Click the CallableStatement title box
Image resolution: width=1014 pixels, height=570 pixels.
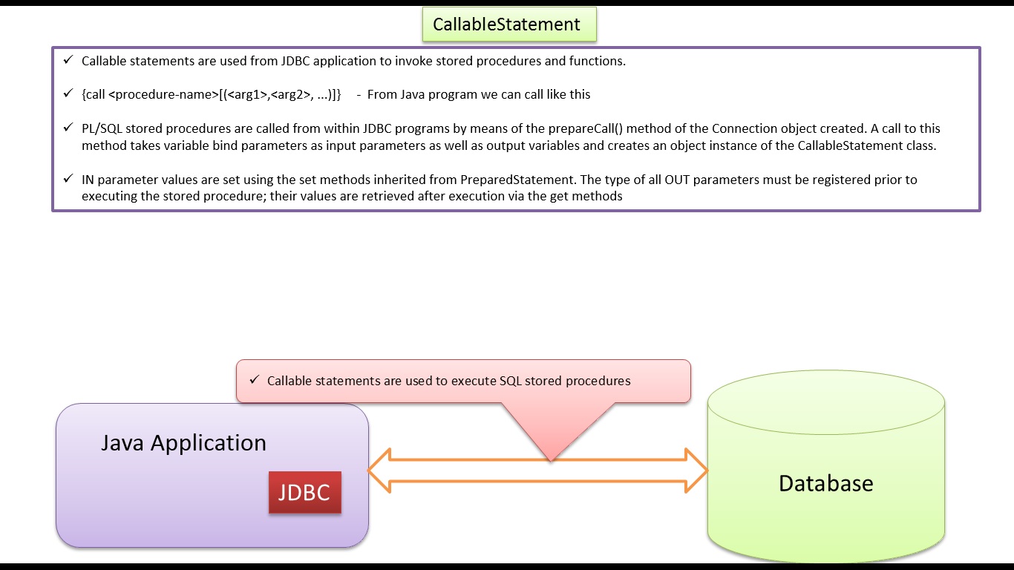(509, 24)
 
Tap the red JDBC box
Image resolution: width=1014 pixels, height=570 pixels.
(304, 492)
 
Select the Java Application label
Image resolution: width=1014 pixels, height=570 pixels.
(183, 443)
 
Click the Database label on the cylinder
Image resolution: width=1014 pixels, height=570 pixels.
(825, 483)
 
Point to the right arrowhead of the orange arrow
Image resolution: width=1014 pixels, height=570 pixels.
(697, 471)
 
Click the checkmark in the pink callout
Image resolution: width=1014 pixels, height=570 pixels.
(255, 379)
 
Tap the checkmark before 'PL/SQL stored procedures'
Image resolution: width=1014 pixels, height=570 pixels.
(68, 127)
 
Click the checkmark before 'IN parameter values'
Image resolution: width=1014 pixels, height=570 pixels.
(68, 178)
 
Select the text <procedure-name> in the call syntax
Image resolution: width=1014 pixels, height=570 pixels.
(164, 94)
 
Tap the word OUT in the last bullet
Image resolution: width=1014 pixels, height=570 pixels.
(677, 180)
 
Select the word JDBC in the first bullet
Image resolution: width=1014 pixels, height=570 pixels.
(295, 61)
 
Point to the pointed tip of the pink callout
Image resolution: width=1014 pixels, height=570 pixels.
(551, 461)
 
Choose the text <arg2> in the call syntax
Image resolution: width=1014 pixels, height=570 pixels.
(291, 94)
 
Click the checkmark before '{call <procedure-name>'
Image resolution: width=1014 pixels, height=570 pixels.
(68, 94)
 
